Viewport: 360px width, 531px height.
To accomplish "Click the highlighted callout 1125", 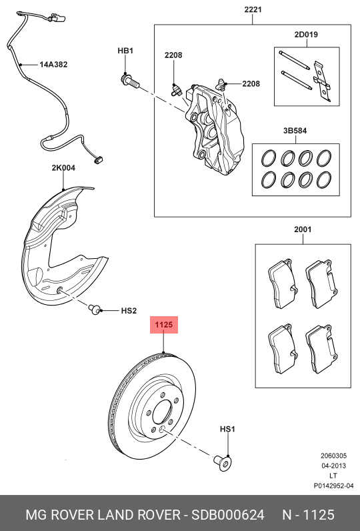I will click(165, 326).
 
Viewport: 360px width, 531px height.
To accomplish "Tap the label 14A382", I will click(53, 65).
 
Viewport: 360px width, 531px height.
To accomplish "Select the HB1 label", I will click(126, 51).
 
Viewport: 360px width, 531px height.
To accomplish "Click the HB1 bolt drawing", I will click(129, 81).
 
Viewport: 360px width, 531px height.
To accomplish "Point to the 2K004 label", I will click(63, 169).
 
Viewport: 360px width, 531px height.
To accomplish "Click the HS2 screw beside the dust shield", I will click(95, 308).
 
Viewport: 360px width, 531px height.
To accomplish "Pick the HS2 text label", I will click(128, 311).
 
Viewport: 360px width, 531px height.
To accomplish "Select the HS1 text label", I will click(227, 430).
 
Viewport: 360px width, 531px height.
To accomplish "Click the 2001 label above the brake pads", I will click(303, 229).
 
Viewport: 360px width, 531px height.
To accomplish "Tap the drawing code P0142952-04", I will click(329, 486).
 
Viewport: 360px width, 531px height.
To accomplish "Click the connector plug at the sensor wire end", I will click(99, 160).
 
